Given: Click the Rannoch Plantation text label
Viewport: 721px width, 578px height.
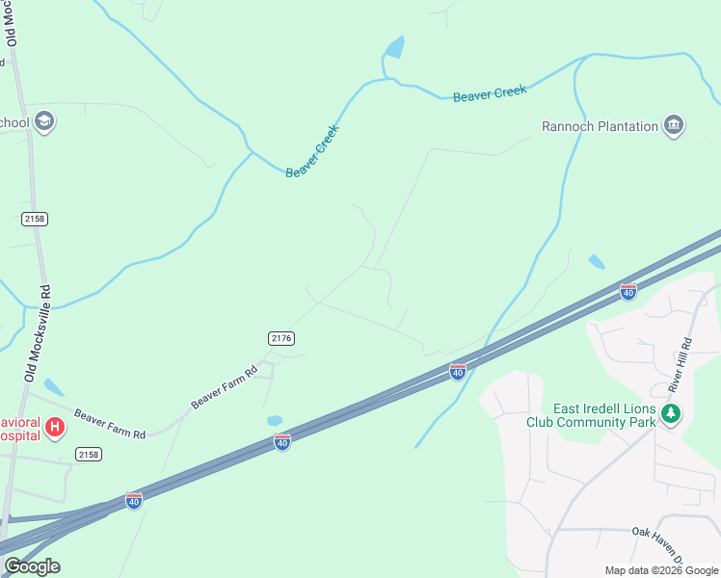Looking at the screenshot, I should [600, 125].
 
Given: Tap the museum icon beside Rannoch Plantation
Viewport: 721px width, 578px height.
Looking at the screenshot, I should [674, 125].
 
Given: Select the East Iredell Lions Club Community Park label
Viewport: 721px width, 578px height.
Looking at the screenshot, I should [590, 415].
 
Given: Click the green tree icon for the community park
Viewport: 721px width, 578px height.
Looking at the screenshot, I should [671, 415].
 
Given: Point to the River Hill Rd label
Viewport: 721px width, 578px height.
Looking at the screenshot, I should [681, 364].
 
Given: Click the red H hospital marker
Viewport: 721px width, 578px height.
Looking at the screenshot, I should [55, 427].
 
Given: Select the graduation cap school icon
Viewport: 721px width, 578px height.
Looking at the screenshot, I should [43, 121].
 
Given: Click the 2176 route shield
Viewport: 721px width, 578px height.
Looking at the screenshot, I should [280, 338].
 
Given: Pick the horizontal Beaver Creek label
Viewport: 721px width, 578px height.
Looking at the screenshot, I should [490, 93].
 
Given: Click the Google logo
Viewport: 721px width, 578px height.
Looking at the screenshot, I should [32, 566].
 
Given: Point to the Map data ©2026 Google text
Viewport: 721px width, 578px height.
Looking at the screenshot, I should [661, 570].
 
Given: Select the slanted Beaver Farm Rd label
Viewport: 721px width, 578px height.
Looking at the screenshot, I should [224, 387].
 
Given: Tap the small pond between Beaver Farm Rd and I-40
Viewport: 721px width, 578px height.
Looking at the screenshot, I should [275, 421].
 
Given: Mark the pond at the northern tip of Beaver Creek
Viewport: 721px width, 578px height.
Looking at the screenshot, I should [394, 47].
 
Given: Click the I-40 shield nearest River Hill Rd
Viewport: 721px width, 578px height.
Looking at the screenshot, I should [628, 291].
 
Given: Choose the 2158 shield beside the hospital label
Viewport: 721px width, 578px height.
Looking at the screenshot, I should [88, 454].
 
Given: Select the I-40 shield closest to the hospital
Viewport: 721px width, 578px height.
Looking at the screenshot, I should [134, 501].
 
